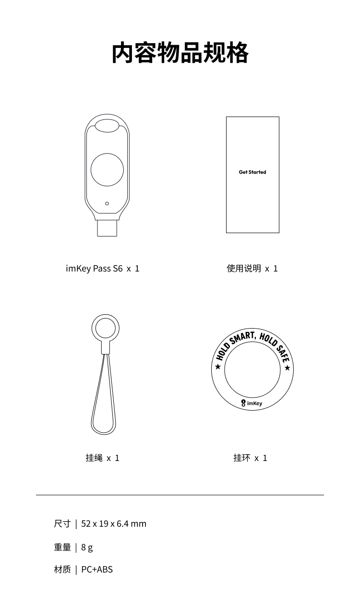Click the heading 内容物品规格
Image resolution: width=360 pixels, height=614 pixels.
(180, 53)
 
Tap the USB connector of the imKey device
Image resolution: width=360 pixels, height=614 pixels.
(107, 228)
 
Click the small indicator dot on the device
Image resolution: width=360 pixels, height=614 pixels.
(107, 203)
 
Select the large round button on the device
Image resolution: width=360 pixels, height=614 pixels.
(107, 170)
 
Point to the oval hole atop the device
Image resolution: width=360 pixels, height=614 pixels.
(107, 126)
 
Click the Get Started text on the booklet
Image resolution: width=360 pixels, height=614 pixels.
(252, 172)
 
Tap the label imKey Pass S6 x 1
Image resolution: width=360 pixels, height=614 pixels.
(103, 268)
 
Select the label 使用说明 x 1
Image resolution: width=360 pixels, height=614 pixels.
(252, 268)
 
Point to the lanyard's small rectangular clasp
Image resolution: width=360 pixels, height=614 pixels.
(106, 348)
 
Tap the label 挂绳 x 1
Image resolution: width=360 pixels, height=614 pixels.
(102, 458)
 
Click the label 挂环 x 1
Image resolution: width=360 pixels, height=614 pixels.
(250, 458)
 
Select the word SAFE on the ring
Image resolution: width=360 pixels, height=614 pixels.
(283, 353)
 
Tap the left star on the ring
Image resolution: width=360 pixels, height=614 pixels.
(218, 367)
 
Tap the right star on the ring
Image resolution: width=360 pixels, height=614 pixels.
(288, 368)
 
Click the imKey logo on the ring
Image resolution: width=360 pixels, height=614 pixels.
(252, 403)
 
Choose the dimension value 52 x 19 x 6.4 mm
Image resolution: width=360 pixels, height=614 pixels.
(114, 524)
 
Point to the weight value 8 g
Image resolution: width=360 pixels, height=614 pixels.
(87, 547)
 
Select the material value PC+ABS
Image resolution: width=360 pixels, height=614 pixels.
(97, 569)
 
